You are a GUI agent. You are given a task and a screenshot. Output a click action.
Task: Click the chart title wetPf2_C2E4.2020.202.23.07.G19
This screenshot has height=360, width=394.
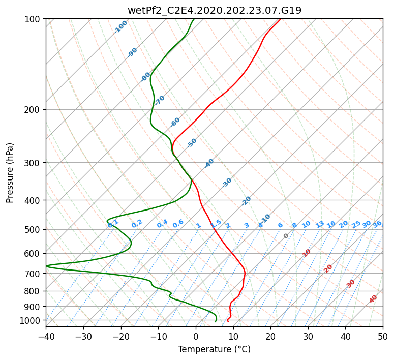(215, 10)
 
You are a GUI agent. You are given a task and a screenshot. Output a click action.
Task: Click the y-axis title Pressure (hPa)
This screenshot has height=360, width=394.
(10, 173)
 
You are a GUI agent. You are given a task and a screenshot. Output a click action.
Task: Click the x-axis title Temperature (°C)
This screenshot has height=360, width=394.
(215, 349)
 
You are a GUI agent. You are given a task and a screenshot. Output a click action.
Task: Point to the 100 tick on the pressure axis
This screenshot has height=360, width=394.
(33, 19)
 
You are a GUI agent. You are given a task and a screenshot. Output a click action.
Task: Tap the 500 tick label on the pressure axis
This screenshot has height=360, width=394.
(33, 229)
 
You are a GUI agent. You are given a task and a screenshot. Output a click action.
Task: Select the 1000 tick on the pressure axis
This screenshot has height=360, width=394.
(30, 320)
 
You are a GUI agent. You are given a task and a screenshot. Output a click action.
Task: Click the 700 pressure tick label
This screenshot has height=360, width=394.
(33, 273)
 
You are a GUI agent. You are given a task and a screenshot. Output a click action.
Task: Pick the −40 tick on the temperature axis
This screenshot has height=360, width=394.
(46, 336)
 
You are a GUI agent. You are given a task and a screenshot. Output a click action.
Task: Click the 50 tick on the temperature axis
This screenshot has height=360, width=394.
(383, 336)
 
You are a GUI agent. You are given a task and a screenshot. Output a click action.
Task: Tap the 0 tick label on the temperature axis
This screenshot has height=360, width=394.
(196, 336)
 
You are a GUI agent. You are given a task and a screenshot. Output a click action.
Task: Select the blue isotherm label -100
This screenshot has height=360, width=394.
(120, 27)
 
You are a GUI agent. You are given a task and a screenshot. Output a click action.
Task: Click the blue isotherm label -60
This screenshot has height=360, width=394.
(175, 122)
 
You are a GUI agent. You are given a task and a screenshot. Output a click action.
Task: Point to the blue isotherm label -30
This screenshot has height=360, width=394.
(227, 183)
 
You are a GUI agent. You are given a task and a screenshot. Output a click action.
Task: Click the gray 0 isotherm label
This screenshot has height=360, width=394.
(286, 236)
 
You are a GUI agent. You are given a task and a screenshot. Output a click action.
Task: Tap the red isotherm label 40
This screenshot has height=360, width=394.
(373, 299)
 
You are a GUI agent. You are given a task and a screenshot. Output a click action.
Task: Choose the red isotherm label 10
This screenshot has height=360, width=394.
(307, 253)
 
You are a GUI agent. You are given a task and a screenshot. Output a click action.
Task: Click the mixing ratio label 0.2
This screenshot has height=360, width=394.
(137, 224)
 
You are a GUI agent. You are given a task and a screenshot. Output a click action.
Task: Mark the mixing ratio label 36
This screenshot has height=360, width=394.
(377, 224)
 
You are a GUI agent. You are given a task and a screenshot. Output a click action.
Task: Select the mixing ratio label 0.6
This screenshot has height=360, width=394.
(178, 224)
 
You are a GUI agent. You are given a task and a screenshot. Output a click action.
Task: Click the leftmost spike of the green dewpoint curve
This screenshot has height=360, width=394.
(46, 266)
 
